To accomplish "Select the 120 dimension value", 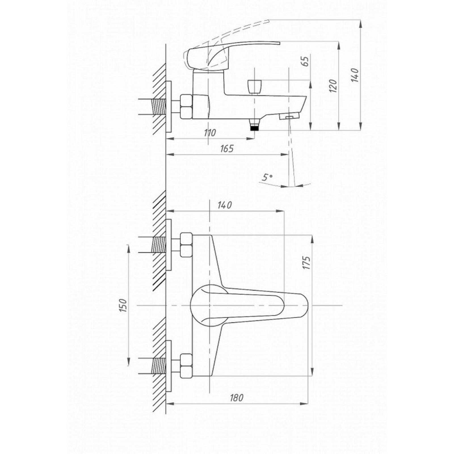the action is tap(334, 86).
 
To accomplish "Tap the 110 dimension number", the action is tap(210, 133).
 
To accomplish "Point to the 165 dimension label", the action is tap(227, 148).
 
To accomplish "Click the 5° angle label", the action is tap(267, 178).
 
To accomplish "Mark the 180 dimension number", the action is tap(236, 398).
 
